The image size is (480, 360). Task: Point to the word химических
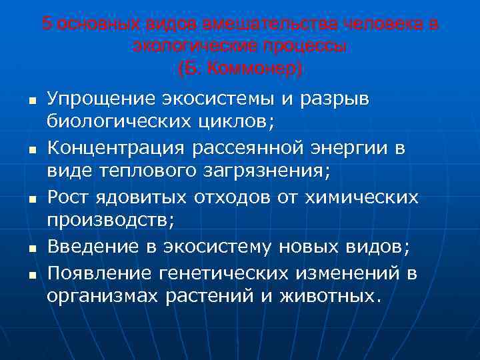click(x=361, y=197)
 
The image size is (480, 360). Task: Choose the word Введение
click(x=89, y=246)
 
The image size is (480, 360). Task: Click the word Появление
click(x=98, y=271)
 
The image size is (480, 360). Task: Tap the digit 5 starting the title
click(x=46, y=24)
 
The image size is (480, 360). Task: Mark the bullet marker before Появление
click(x=29, y=274)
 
